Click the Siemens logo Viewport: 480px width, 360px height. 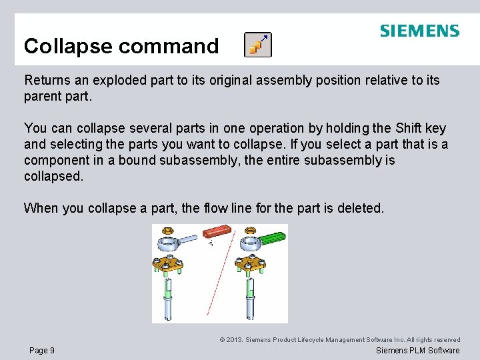click(419, 31)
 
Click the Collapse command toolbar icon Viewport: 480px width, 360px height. click(257, 44)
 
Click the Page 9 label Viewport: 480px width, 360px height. click(42, 351)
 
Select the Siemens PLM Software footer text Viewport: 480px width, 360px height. click(417, 351)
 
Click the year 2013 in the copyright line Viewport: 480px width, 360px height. click(234, 340)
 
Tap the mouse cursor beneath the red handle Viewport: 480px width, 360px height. click(211, 243)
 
